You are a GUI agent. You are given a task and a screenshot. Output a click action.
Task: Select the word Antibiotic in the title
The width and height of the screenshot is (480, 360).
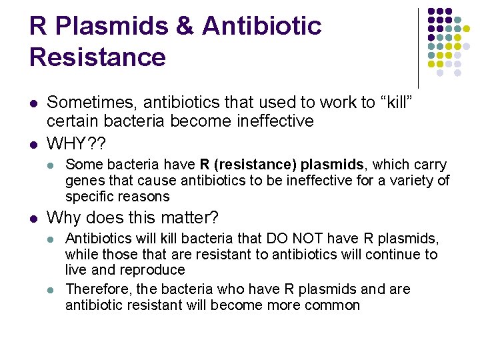pos(262,27)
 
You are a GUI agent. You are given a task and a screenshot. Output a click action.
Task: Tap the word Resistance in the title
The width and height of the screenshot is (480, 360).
pos(97,57)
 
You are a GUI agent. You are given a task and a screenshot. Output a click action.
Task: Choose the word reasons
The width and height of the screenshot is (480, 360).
pos(145,197)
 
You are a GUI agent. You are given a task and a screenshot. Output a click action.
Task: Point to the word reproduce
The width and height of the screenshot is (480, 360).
pos(152,270)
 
